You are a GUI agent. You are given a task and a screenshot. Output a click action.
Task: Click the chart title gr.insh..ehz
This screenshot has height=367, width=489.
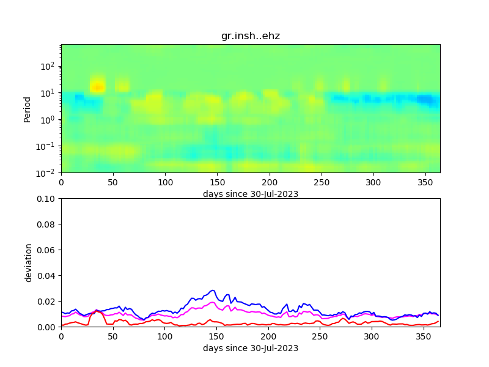click(251, 36)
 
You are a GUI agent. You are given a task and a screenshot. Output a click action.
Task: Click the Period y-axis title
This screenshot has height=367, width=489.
click(28, 108)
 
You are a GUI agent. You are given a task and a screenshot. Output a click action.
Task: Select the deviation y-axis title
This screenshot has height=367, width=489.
click(28, 262)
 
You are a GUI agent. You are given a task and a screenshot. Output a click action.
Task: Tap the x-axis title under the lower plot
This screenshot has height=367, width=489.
click(251, 348)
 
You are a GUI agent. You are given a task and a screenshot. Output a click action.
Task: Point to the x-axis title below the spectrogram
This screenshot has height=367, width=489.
click(251, 194)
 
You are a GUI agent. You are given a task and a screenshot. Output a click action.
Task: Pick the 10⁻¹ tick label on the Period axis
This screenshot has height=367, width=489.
click(48, 146)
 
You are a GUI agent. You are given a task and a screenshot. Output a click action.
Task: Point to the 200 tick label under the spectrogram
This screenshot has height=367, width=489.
click(268, 182)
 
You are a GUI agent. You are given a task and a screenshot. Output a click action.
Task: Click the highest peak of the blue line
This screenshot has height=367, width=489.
click(213, 291)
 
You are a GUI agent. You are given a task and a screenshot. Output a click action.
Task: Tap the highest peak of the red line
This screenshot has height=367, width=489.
click(97, 310)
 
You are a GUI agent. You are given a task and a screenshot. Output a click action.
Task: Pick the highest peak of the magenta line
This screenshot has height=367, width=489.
click(213, 302)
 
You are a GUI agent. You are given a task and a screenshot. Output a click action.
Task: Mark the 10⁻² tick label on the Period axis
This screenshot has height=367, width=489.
click(48, 173)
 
